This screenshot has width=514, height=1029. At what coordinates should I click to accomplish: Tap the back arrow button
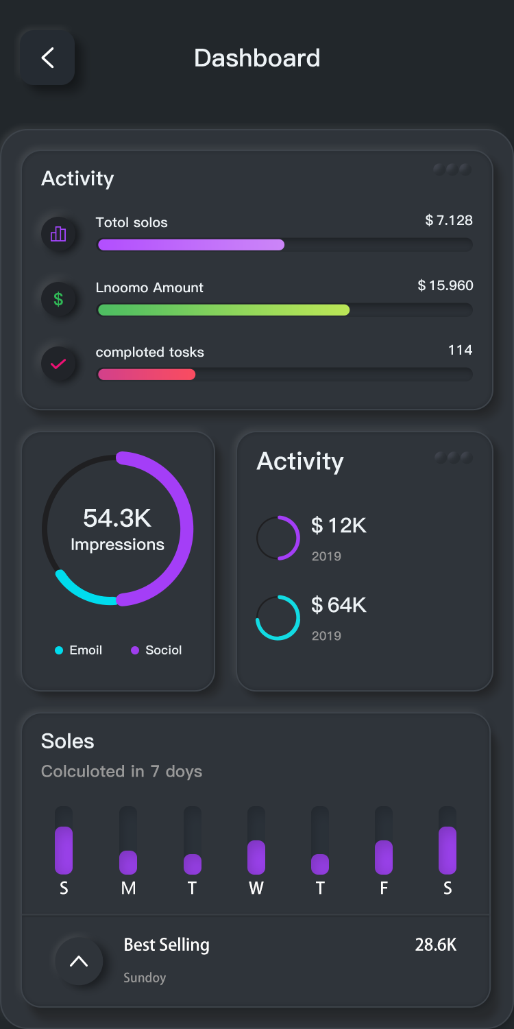[47, 58]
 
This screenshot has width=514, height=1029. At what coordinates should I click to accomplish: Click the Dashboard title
[257, 58]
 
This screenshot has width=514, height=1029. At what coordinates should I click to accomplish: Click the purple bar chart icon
[58, 235]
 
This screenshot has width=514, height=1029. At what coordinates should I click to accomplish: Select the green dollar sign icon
[58, 299]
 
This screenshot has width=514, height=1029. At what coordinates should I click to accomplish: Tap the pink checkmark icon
[58, 364]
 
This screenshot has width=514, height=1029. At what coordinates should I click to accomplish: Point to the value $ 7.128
[449, 220]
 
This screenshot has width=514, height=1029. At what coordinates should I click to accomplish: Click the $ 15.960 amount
[445, 285]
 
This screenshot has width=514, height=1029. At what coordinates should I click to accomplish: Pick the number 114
[460, 350]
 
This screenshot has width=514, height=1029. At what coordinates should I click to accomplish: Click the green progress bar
[223, 310]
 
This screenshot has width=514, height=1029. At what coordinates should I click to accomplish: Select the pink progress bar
[147, 375]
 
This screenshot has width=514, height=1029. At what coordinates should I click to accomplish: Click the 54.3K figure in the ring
[117, 518]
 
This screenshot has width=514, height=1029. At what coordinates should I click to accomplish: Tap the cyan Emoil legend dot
[59, 650]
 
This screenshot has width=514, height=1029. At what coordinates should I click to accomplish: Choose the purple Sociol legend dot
[135, 650]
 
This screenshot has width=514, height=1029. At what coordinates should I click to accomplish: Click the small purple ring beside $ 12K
[278, 538]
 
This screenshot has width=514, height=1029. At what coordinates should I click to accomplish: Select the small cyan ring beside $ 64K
[278, 617]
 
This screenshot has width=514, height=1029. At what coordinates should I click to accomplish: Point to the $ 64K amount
[339, 605]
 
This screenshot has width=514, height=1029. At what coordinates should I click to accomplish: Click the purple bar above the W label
[256, 858]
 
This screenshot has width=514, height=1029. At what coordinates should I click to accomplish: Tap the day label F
[384, 888]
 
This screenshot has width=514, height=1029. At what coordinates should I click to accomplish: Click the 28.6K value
[436, 945]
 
